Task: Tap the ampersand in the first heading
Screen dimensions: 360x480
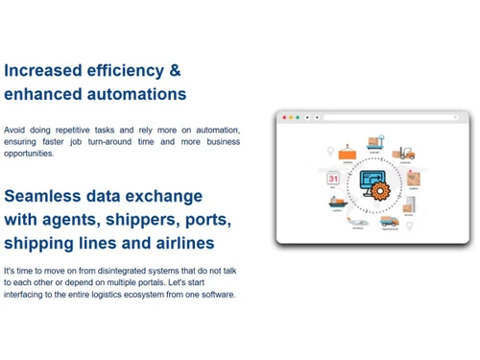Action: pos(174,70)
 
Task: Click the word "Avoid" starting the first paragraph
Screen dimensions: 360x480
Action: pos(15,130)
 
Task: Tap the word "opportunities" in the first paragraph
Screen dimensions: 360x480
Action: pos(29,154)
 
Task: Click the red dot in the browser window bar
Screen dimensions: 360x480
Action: pos(281,117)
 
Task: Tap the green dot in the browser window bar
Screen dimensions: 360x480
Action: pos(298,117)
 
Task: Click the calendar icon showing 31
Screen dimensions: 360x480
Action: pos(333,179)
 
